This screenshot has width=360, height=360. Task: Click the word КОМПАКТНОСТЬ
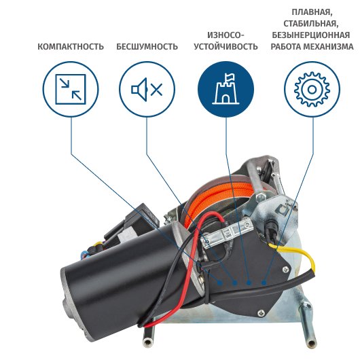(71, 47)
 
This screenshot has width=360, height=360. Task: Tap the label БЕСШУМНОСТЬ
(147, 47)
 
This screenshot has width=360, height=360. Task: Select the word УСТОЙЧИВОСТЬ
(226, 47)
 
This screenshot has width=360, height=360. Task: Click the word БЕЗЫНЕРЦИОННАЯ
(311, 35)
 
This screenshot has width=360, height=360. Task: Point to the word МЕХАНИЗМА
(329, 47)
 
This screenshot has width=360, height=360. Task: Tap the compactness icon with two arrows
(71, 89)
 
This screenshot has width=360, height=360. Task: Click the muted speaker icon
(147, 89)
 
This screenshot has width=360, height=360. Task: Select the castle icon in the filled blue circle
(226, 89)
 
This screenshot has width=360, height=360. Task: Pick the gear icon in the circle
(312, 89)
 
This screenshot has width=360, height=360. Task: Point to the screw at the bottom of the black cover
(261, 312)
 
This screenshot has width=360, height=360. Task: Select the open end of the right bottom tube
(311, 343)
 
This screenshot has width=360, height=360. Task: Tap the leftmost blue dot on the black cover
(220, 283)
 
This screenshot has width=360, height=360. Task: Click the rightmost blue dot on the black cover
(264, 283)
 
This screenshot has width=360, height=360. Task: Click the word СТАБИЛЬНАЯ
(311, 24)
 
